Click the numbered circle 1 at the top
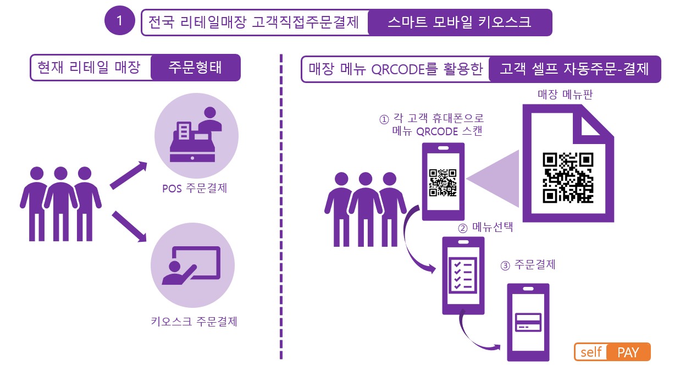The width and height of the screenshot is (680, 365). (120, 21)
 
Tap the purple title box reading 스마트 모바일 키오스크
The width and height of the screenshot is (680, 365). (460, 23)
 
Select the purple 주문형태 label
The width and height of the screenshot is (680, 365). (196, 68)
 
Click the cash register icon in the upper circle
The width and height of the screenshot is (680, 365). (196, 135)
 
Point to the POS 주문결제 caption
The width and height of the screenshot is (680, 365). (195, 188)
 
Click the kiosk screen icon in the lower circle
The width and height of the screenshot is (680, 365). (191, 266)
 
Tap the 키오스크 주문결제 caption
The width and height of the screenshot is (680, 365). (194, 321)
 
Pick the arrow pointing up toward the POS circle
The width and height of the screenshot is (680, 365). (129, 175)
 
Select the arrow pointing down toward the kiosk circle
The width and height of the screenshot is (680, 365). (129, 226)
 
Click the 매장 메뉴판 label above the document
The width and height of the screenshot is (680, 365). (565, 95)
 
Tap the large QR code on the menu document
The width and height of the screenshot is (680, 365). (568, 178)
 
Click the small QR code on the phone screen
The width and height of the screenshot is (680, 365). (443, 182)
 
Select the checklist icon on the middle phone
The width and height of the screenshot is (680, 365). (463, 275)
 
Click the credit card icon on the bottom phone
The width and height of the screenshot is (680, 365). (528, 322)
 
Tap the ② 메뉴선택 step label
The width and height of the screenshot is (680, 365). (485, 227)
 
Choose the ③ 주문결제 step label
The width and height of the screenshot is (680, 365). (528, 265)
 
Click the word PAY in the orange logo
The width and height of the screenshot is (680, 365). (628, 352)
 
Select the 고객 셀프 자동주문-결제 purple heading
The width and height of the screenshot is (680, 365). (574, 69)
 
